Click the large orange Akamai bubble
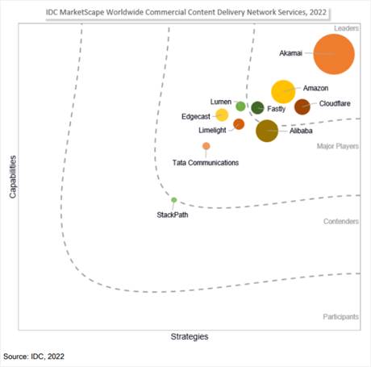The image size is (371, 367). pos(334,54)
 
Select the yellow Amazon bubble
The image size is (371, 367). pos(283,92)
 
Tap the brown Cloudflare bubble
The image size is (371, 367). pos(302,106)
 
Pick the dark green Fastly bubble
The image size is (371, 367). pos(257,108)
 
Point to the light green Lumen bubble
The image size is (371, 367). pos(240,106)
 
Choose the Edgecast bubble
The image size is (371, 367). pos(222,115)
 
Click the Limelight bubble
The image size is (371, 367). pos(239,124)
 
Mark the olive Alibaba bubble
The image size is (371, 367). pos(267,131)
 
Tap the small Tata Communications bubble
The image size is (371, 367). pos(206,146)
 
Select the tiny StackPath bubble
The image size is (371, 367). pos(174,200)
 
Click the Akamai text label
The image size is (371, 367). pos(290,53)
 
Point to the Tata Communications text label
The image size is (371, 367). pos(206,163)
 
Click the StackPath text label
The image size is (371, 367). pos(173,215)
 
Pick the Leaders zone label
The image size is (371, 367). pos(346,28)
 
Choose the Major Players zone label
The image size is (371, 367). pos(338,146)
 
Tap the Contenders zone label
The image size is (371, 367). pos(341,221)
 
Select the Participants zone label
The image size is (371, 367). pos(340,317)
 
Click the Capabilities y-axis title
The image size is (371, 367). pos(13,177)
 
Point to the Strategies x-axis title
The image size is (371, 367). pos(190,336)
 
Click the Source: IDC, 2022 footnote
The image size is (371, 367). pos(34,357)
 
